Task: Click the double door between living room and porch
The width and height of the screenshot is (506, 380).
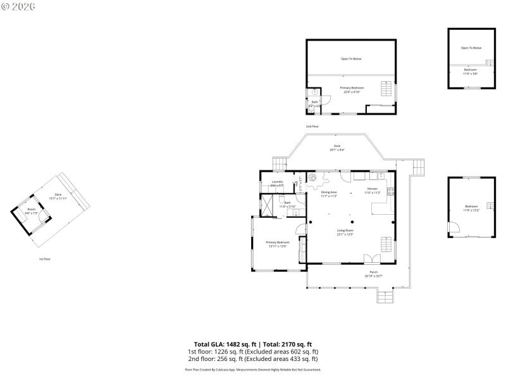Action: point(373,259)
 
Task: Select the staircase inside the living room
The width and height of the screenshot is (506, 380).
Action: point(385,243)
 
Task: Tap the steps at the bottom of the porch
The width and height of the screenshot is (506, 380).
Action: point(385,296)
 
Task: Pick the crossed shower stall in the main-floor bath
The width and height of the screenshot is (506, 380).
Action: point(269,205)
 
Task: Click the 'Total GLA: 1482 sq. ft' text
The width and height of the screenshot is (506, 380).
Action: point(221,344)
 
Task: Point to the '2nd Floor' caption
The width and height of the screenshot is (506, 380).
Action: point(312,127)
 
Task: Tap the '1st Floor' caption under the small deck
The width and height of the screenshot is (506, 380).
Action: point(45,259)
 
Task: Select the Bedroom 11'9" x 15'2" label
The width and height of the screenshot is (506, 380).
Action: point(471,208)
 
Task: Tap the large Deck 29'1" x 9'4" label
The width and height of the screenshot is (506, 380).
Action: point(337,148)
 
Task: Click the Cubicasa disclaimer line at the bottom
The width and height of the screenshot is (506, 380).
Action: point(252,369)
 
